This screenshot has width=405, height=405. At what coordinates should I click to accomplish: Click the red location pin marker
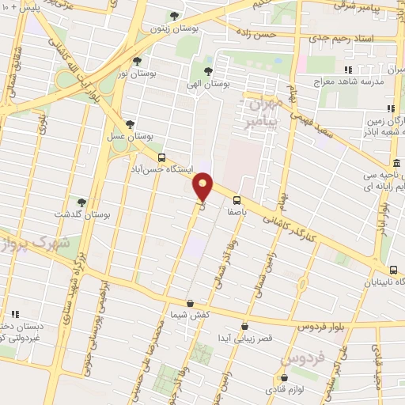(203, 187)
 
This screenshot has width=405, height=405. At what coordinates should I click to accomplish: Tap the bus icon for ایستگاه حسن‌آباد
(162, 157)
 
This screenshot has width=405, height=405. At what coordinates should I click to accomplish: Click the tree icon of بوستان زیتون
(175, 15)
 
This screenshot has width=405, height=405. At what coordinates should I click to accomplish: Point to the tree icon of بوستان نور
(137, 60)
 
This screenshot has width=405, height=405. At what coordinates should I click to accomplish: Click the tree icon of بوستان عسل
(131, 123)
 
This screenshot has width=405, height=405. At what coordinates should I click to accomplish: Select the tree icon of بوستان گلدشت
(81, 202)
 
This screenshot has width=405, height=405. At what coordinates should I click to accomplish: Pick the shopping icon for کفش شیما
(190, 303)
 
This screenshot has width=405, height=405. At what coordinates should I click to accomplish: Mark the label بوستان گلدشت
(95, 214)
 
